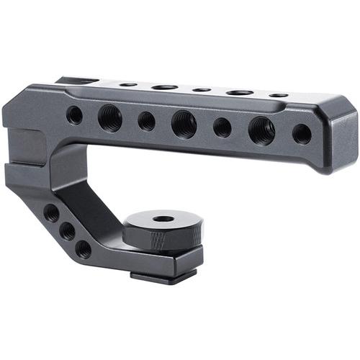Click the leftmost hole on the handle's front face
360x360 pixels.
click(x=74, y=115)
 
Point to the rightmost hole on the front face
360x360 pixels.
click(x=302, y=134)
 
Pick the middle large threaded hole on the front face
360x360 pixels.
click(x=184, y=124)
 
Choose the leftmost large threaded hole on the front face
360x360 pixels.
click(x=110, y=117)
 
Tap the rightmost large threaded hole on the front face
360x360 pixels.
click(x=261, y=130)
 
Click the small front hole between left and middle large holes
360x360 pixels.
click(x=147, y=121)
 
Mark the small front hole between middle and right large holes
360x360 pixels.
click(x=222, y=127)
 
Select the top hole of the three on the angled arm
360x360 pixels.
click(x=51, y=213)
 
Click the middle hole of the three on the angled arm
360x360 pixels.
click(x=67, y=231)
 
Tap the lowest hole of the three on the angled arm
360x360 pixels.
click(x=84, y=249)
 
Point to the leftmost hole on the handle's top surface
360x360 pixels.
click(x=128, y=84)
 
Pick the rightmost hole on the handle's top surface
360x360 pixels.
click(x=278, y=95)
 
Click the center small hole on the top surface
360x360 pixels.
click(x=202, y=89)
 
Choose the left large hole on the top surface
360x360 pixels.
click(x=164, y=86)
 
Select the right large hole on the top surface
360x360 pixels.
click(x=240, y=92)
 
